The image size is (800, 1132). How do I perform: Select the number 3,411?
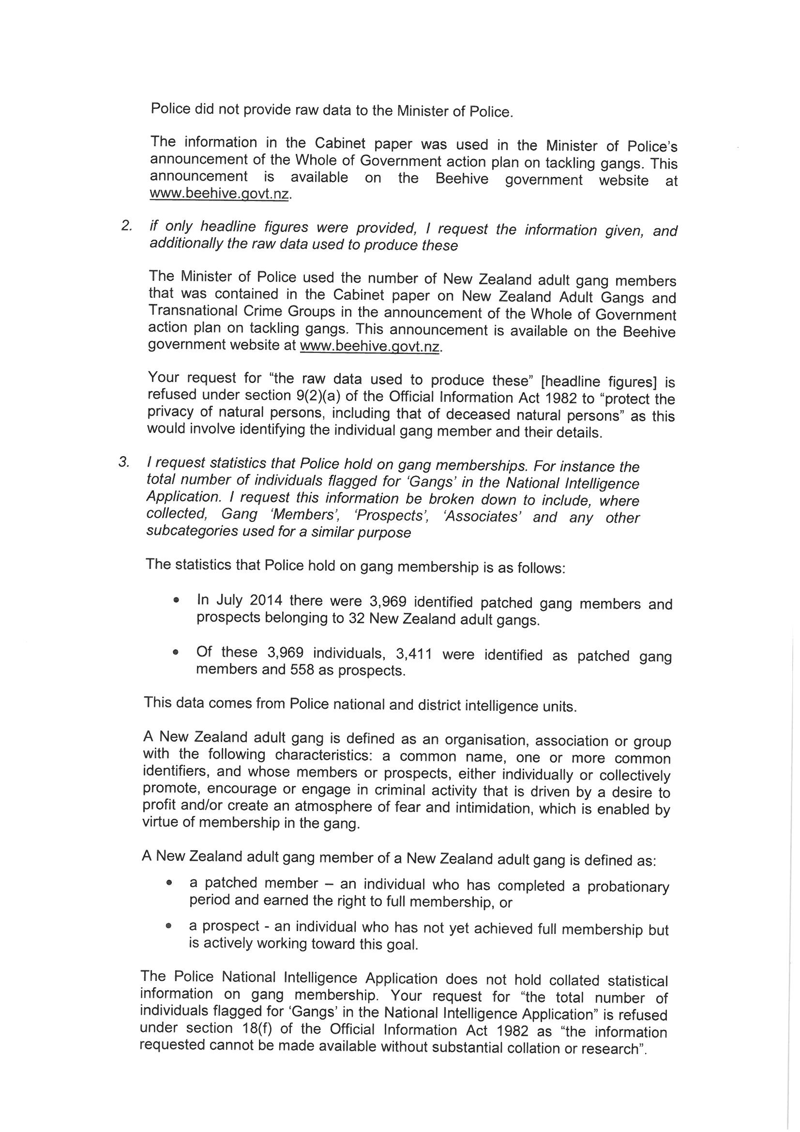tap(414, 654)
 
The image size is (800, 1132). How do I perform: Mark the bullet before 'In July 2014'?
tap(176, 601)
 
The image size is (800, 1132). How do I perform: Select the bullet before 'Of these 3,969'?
tap(176, 653)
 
